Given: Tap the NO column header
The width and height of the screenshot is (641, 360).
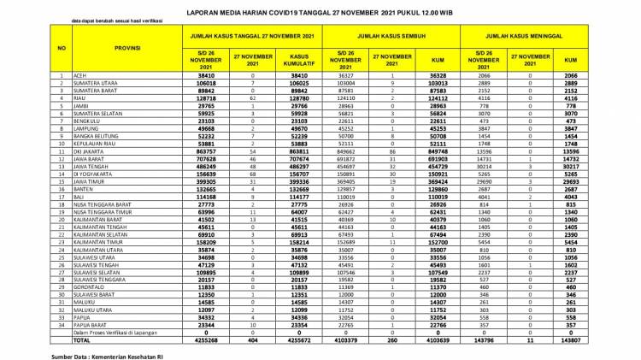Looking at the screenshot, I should point(60,48).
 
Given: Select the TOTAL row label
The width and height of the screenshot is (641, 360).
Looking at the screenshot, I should point(79,340).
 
